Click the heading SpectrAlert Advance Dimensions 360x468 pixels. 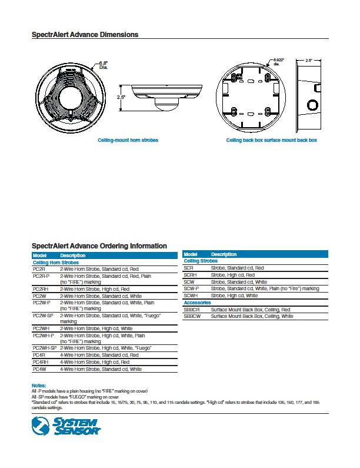click(85, 35)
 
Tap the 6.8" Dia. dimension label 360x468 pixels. click(104, 65)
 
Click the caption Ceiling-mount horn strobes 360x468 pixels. click(128, 141)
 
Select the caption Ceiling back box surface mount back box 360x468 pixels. click(272, 141)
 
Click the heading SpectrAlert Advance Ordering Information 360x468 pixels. click(99, 245)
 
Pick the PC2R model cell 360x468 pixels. click(39, 268)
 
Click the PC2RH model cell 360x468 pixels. click(40, 289)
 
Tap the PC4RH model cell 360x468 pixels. click(40, 362)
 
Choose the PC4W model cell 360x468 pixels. click(39, 369)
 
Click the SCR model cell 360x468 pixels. click(189, 268)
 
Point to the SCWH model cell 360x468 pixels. click(191, 296)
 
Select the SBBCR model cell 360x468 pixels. click(192, 310)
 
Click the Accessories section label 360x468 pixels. click(197, 303)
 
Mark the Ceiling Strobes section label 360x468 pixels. click(201, 261)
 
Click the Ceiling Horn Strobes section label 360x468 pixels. click(55, 262)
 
